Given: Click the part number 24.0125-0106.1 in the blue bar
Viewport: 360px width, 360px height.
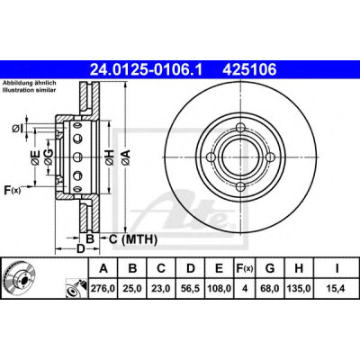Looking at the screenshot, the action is tap(147, 70).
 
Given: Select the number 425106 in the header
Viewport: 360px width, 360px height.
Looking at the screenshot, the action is tap(249, 70).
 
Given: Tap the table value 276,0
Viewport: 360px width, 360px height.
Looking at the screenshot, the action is tap(103, 289).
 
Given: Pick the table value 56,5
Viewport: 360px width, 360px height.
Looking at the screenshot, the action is tap(191, 289).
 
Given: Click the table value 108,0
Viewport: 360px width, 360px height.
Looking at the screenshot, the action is tap(220, 289).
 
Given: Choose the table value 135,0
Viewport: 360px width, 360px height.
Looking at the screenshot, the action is tap(299, 289).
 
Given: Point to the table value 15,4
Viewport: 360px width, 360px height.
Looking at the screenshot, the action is tap(337, 289).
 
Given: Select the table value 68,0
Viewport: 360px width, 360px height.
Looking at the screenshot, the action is tap(270, 289).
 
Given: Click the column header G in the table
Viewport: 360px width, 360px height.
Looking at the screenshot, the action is tap(270, 268).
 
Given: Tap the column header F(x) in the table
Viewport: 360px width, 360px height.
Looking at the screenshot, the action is tap(245, 268).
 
